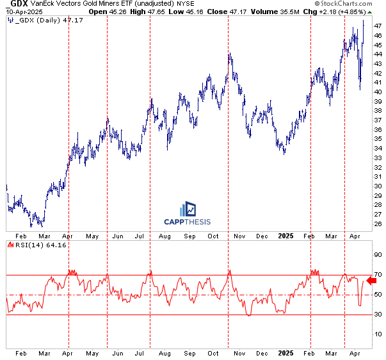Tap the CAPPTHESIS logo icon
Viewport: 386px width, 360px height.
click(x=188, y=209)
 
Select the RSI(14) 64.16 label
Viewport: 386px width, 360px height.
click(x=31, y=245)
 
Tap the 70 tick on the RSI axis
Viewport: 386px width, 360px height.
click(x=377, y=275)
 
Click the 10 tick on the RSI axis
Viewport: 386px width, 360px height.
click(x=377, y=334)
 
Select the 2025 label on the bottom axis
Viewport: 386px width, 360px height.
click(x=285, y=352)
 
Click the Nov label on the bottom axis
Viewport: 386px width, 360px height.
click(x=238, y=352)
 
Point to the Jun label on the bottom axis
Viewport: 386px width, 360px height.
click(x=118, y=352)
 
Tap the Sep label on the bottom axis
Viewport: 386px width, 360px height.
click(x=189, y=352)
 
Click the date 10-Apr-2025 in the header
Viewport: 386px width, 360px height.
click(x=19, y=12)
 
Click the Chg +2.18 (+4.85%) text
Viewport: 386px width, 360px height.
click(x=347, y=12)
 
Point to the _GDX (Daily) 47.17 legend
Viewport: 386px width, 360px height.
click(x=41, y=21)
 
